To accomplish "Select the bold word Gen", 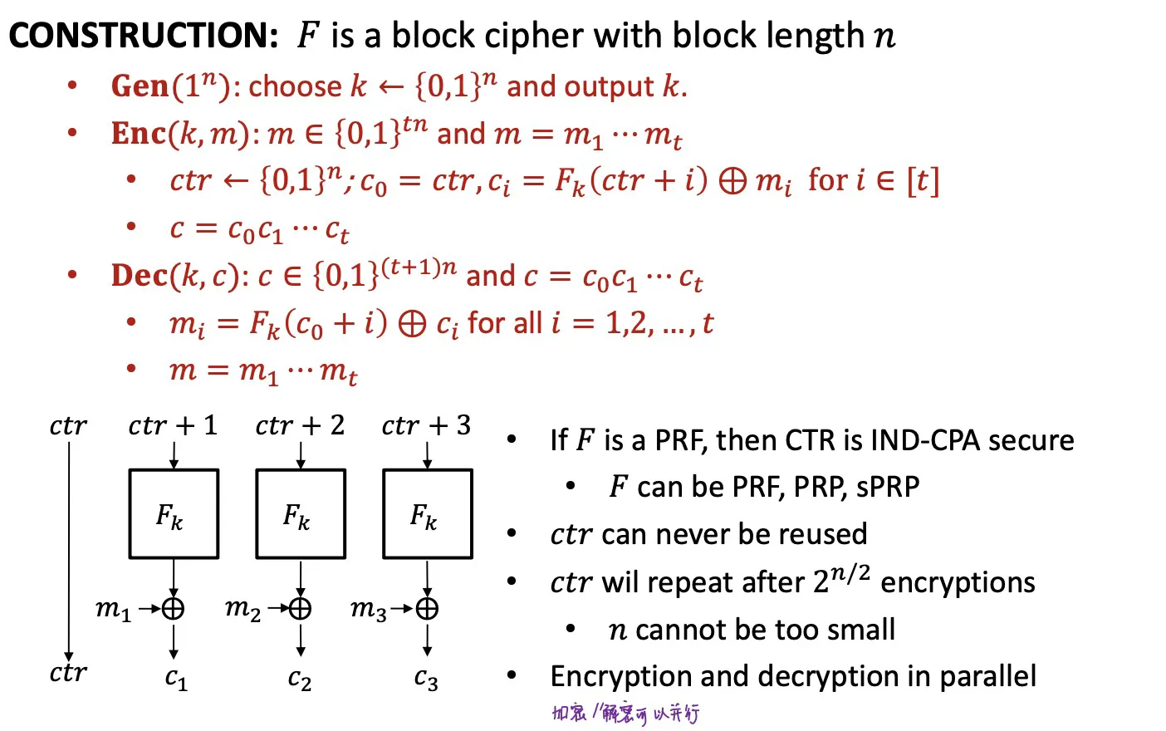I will coord(140,86).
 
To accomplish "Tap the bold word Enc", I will coord(139,134).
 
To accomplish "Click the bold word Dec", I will coord(140,276).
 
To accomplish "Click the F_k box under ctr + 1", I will coord(174,514).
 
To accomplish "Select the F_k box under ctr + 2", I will coord(301,514).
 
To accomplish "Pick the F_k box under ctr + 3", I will coord(427,514).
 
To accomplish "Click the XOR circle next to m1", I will coord(173,609).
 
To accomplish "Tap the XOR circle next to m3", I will coord(427,609).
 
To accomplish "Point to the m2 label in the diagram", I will coord(243,609).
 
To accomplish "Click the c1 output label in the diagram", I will coord(176,679).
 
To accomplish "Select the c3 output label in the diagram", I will coord(426,679).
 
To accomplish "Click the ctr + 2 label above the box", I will coord(300,426).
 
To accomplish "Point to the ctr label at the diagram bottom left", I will coord(67,672).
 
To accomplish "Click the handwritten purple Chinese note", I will coord(626,713).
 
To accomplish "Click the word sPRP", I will coord(888,487).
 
